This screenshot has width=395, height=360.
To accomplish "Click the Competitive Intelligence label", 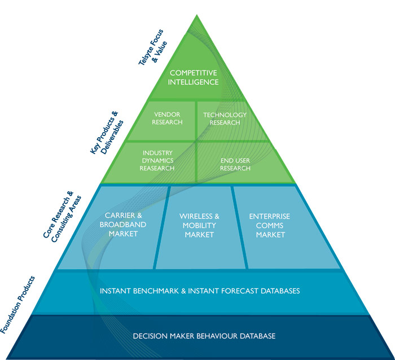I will [193, 77].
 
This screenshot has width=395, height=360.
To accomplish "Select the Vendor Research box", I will [167, 118].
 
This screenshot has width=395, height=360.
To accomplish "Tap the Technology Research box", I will [225, 118].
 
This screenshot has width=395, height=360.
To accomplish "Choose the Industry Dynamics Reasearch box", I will [158, 160].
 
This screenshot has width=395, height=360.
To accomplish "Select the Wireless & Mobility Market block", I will [199, 226].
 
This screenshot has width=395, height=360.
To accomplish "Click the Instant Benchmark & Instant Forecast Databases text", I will [199, 291].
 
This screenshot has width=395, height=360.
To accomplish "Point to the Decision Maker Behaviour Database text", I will [204, 336].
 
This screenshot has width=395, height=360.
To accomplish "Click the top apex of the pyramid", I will [197, 15].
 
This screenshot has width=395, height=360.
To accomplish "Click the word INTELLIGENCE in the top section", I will [193, 82].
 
